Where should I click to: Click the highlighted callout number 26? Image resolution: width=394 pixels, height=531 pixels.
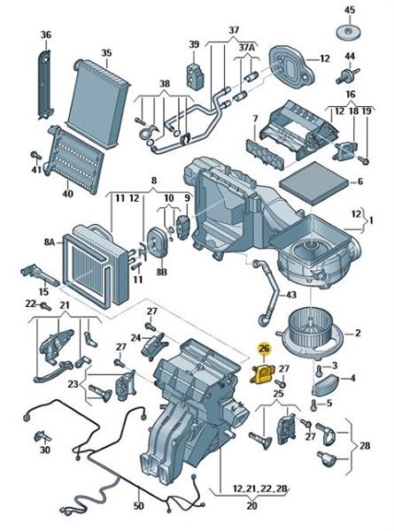pos(264,348)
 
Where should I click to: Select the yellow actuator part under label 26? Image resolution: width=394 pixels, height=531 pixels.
pos(262,374)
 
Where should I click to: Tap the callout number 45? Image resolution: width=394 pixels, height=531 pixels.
pos(349,10)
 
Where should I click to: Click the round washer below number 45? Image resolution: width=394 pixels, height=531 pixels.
pos(348,32)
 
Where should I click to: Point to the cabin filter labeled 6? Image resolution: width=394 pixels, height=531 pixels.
pos(314,185)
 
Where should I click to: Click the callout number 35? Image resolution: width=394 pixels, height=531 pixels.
pos(106,53)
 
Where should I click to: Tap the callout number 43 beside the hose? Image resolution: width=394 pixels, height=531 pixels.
pos(291,295)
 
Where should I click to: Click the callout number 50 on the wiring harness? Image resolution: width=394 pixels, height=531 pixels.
pos(138,505)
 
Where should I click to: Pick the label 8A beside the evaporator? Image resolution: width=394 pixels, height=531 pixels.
pos(49,242)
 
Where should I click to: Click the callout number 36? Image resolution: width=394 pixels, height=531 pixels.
pos(46,35)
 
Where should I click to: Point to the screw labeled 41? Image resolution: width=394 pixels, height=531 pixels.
pos(35,156)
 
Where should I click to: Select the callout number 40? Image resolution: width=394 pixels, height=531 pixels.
pos(67,194)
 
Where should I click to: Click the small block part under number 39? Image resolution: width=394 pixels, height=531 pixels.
pos(196,75)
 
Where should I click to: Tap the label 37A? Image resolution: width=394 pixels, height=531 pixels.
pos(246,47)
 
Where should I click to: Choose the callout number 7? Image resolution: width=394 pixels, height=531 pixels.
pos(255,119)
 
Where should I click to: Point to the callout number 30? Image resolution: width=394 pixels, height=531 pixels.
pos(45,450)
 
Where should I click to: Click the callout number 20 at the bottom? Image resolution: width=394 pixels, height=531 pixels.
pos(251,505)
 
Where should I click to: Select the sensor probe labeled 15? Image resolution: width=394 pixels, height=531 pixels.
pos(40,275)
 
